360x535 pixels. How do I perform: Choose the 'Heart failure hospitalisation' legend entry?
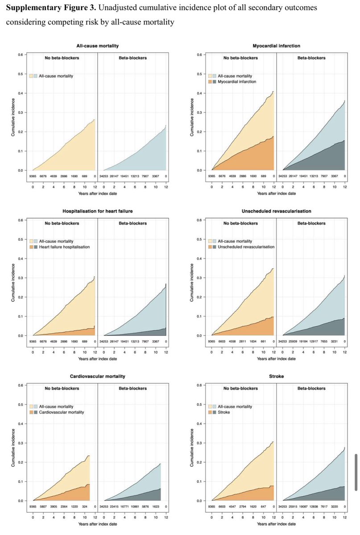point(63,247)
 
